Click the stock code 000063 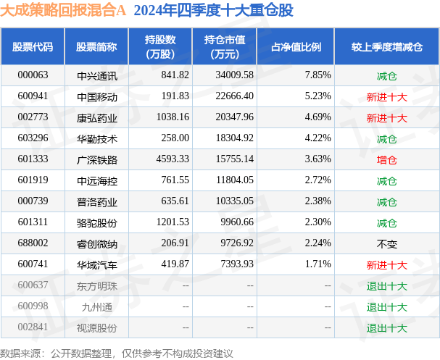click(32, 75)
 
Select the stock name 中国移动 click(96, 96)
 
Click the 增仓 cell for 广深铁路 click(387, 159)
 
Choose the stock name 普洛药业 click(96, 201)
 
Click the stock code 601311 click(32, 223)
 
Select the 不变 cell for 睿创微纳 click(387, 244)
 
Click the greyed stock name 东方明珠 click(96, 286)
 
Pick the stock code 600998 click(32, 307)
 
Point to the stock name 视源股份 click(96, 328)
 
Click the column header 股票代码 click(33, 46)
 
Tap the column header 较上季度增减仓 click(386, 46)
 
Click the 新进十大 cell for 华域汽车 click(387, 265)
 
